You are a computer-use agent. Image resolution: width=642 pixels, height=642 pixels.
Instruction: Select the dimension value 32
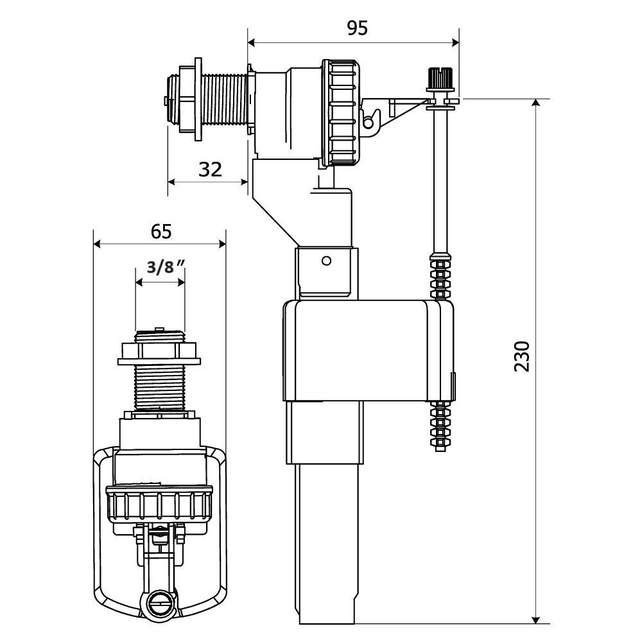(x=210, y=169)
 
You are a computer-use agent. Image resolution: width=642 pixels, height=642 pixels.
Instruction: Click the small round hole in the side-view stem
(x=326, y=261)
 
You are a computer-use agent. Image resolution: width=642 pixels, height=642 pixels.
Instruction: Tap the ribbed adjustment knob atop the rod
(x=440, y=79)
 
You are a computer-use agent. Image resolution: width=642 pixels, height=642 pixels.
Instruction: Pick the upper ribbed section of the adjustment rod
(x=440, y=276)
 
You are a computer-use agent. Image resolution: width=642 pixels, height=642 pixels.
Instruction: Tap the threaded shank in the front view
(x=158, y=387)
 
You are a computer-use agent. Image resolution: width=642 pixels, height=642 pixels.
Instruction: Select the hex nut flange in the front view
(x=159, y=352)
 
